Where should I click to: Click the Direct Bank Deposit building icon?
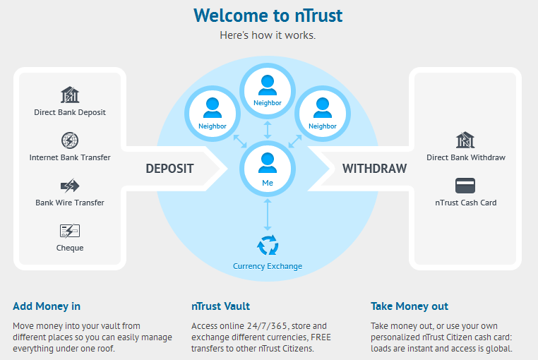pos(70,95)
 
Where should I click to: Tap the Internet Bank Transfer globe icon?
pos(70,140)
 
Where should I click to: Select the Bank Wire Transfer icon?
pos(70,186)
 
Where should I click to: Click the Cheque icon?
pos(70,231)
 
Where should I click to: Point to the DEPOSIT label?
pos(169,169)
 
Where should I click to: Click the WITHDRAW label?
pos(375,169)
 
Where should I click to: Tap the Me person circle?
pos(268,167)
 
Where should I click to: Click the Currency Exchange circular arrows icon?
pos(268,246)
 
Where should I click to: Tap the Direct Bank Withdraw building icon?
pos(465,140)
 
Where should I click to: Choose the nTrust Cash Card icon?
pos(465,186)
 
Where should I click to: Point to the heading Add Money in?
pos(47,306)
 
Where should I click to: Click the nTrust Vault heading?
pos(220,306)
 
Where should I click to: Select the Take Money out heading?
pos(410,306)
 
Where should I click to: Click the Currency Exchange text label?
pos(268,266)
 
